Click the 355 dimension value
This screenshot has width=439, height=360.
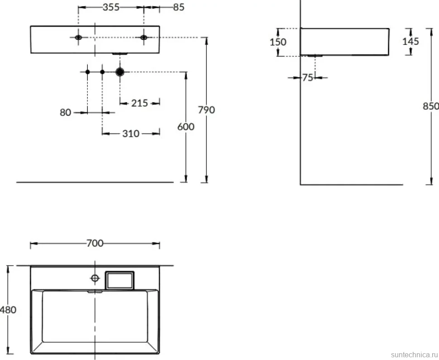click(x=111, y=7)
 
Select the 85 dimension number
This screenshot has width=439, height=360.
click(x=179, y=7)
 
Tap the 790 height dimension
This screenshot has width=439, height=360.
click(x=206, y=110)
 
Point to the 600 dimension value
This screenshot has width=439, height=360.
click(x=186, y=127)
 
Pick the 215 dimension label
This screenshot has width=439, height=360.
click(x=139, y=103)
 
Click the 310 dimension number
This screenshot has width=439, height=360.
click(x=131, y=134)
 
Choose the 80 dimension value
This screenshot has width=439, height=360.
click(x=65, y=113)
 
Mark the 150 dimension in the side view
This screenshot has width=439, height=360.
click(x=278, y=42)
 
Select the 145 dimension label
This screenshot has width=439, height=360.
click(x=411, y=41)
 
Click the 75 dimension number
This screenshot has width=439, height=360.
click(x=308, y=77)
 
